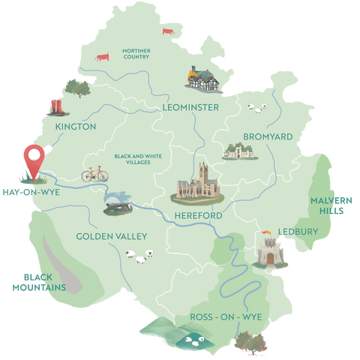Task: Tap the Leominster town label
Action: pyautogui.click(x=190, y=108)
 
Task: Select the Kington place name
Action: pyautogui.click(x=76, y=127)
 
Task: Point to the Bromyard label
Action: pyautogui.click(x=268, y=136)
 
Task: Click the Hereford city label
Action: pyautogui.click(x=198, y=216)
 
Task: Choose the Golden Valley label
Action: pyautogui.click(x=112, y=237)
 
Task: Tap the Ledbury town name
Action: pyautogui.click(x=298, y=231)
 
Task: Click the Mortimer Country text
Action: pyautogui.click(x=137, y=53)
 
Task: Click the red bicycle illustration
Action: pyautogui.click(x=94, y=174)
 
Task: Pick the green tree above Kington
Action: pyautogui.click(x=75, y=85)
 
